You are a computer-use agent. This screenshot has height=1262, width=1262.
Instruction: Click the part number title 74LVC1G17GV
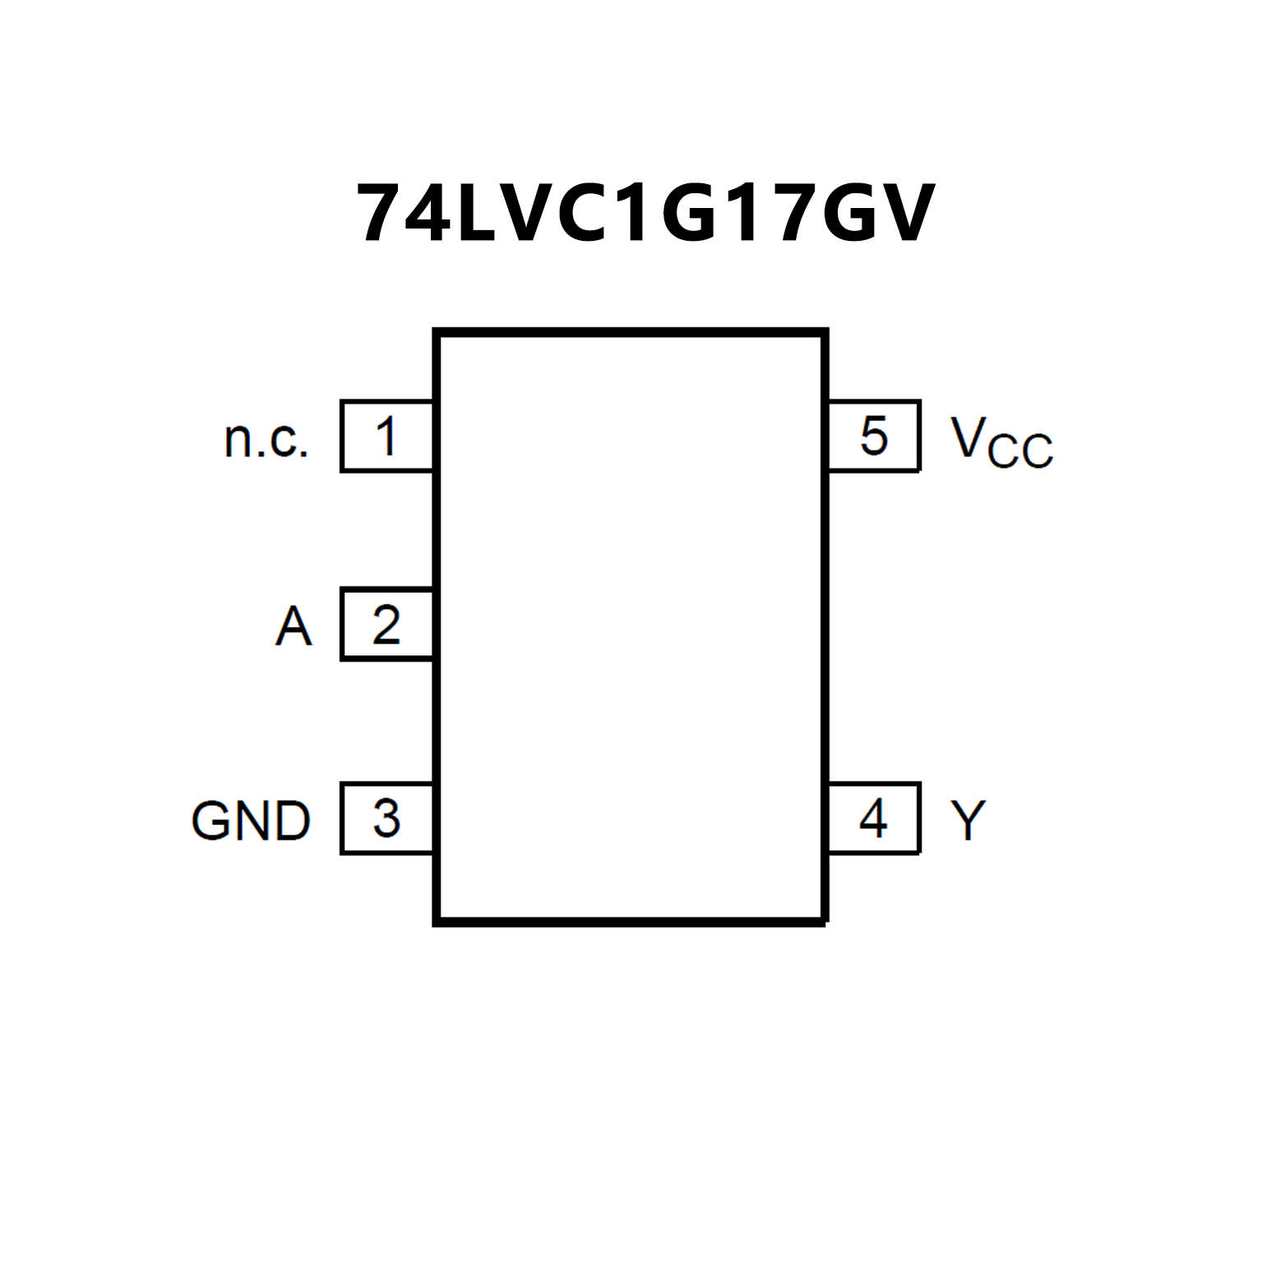coord(645,213)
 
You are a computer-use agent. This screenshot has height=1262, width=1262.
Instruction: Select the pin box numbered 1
coord(386,436)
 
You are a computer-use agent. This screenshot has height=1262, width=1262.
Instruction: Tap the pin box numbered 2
coord(386,624)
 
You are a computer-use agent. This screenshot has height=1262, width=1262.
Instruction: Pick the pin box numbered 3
coord(386,818)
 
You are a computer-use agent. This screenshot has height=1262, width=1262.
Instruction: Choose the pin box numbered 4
coord(873,818)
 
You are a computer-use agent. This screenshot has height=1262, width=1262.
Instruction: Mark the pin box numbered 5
coord(873,436)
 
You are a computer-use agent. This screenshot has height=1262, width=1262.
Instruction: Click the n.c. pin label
coord(266,439)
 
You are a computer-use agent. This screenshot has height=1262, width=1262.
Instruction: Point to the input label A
coord(294,626)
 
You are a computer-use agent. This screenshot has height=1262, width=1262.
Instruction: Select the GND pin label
coord(251,821)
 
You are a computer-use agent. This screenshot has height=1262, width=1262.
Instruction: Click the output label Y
coord(968,820)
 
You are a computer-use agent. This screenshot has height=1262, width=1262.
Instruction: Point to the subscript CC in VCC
coord(1020,451)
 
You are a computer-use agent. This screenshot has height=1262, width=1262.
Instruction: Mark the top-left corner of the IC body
coord(437,333)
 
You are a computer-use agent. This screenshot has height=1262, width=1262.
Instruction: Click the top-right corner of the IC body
coord(825,333)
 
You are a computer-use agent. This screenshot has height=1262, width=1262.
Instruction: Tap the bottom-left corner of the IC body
coord(437,922)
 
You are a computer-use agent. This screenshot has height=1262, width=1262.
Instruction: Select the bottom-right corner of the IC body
coord(825,922)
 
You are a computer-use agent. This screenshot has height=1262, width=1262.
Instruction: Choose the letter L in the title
coord(477,213)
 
